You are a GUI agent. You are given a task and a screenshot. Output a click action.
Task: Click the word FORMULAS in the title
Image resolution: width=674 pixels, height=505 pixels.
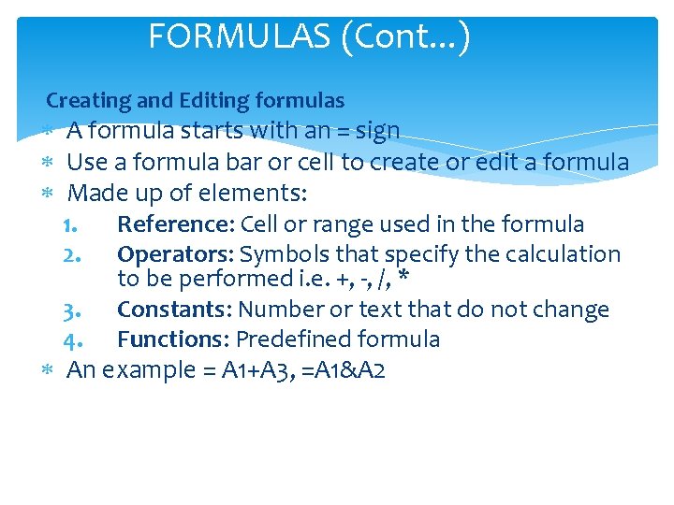click(x=240, y=37)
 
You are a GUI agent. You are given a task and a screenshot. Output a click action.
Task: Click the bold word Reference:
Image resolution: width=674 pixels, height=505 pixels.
click(x=175, y=224)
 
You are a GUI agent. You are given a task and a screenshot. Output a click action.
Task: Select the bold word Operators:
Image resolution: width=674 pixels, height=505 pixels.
click(x=175, y=254)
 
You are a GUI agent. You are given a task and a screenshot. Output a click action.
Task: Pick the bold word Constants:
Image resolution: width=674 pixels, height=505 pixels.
click(x=175, y=310)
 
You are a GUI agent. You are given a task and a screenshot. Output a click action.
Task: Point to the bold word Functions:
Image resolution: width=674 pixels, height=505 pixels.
click(x=173, y=339)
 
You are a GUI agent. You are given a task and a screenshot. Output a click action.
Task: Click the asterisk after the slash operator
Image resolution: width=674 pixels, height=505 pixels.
click(x=403, y=279)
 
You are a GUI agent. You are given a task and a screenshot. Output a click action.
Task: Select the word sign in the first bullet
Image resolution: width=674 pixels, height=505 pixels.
click(x=378, y=131)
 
